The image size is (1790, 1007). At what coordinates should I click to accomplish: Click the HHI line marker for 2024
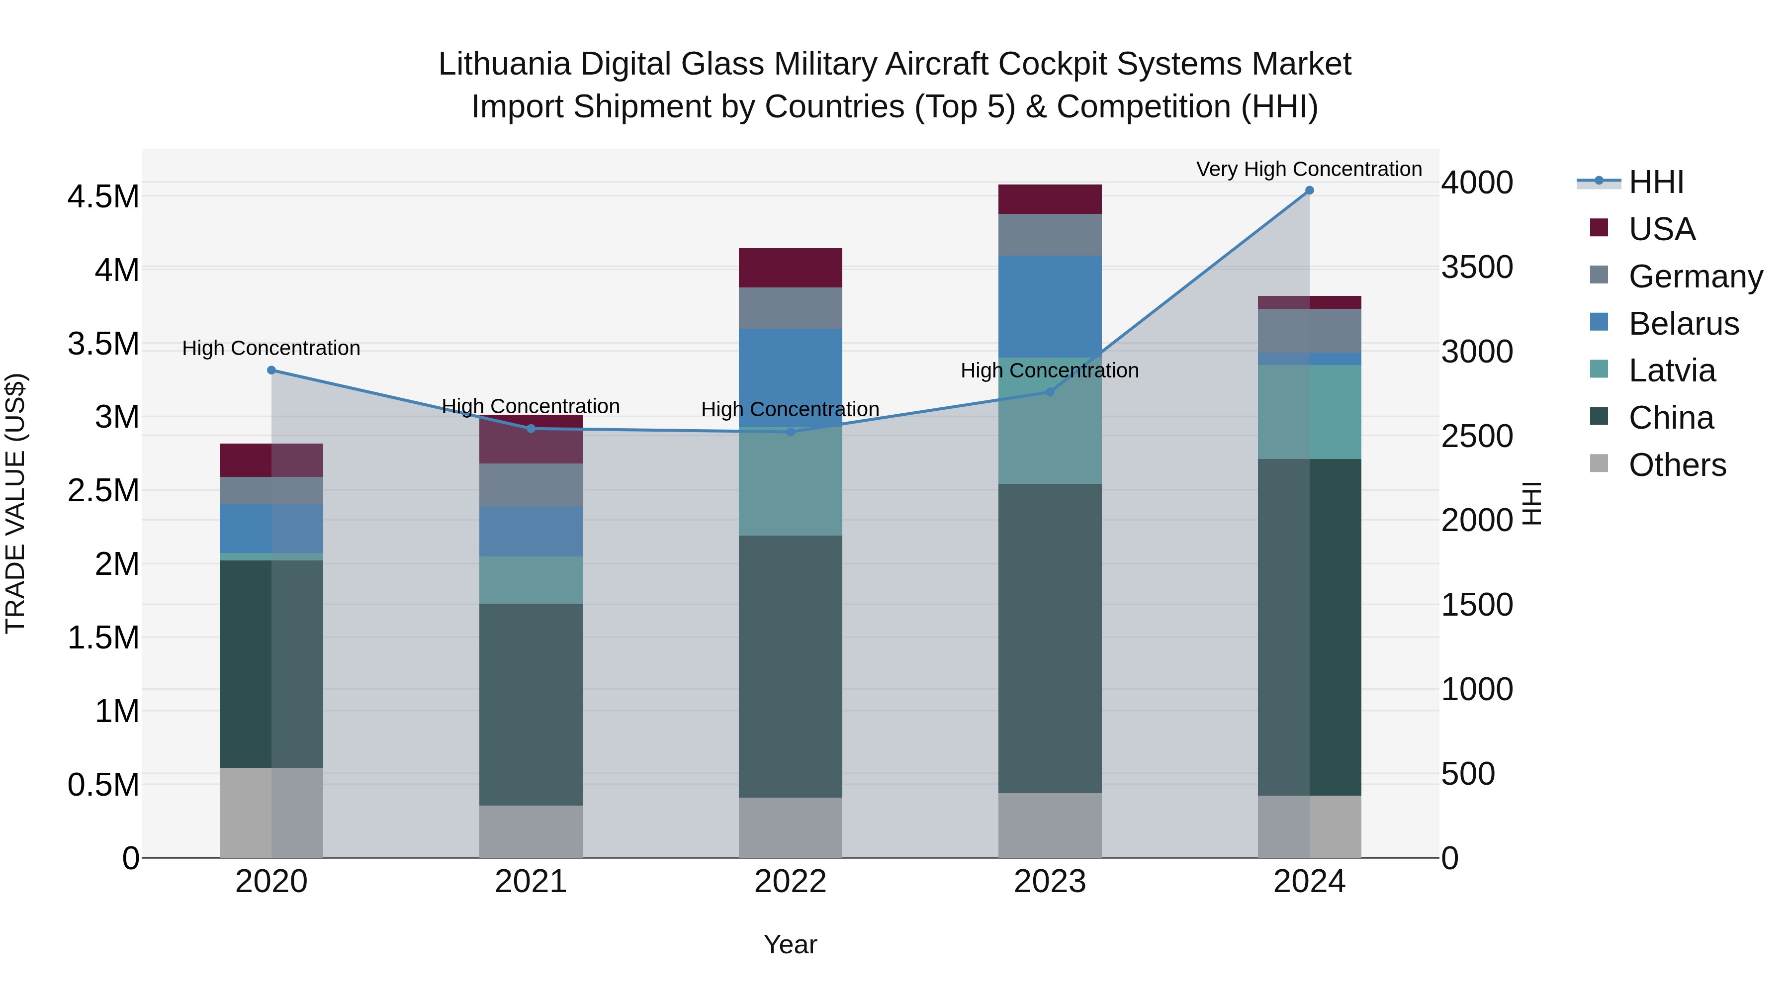[1309, 190]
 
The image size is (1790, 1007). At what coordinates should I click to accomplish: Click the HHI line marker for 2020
[271, 370]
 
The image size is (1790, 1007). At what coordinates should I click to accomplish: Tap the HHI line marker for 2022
[790, 432]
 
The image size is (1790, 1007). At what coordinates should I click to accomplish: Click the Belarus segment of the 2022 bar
[790, 377]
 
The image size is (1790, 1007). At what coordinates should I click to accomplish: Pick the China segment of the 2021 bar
[531, 704]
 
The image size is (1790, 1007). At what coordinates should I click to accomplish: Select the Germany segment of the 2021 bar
[531, 485]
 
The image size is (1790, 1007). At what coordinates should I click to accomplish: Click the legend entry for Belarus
[1683, 324]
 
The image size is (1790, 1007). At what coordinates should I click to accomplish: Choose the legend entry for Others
[1677, 465]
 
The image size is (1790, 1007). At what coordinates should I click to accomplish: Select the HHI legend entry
[1656, 182]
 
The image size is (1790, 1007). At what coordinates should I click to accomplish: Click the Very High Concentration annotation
[1309, 169]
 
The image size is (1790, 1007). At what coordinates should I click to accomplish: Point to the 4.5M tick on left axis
[103, 196]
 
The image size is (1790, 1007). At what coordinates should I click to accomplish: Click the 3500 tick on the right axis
[1477, 268]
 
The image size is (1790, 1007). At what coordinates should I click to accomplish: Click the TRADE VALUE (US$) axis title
[15, 503]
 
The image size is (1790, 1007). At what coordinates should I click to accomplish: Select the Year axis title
[790, 944]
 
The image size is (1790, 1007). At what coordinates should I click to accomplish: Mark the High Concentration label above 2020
[271, 348]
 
